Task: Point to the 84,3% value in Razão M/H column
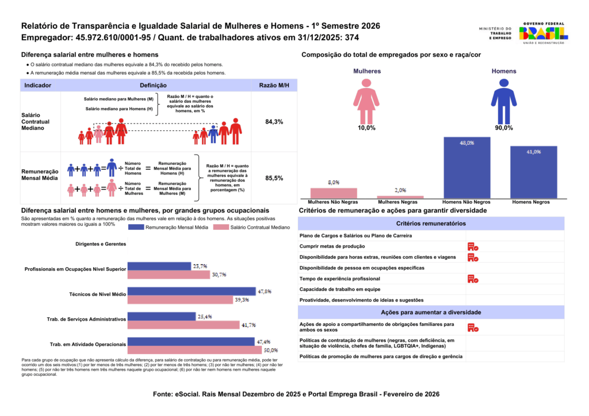coord(274,122)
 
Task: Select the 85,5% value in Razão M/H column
coord(274,179)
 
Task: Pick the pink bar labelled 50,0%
coord(194,349)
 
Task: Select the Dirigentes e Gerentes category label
coord(101,244)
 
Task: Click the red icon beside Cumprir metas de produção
coord(473,246)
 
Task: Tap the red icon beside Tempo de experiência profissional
coord(473,279)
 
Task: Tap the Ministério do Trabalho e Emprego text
coord(495,33)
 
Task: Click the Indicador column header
coord(37,85)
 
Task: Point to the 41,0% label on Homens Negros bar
coord(533,152)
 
